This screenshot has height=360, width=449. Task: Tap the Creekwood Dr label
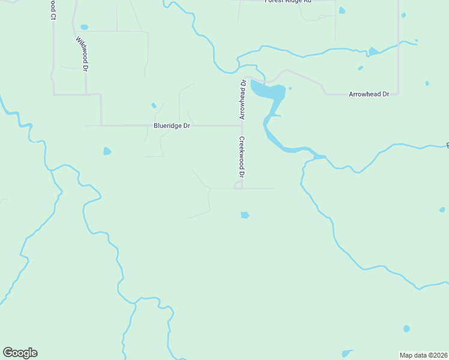tap(242, 158)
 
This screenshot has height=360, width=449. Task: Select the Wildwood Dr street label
tap(82, 55)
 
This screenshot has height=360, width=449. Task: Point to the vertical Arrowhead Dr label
tap(243, 100)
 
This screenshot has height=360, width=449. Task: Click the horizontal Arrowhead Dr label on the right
tap(369, 94)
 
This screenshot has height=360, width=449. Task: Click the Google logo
tap(20, 353)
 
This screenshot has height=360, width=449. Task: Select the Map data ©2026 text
tap(424, 355)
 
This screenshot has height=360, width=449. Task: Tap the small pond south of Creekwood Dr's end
tap(244, 215)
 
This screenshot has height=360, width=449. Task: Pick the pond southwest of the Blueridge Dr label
tap(107, 151)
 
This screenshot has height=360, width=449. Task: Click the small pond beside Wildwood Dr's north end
tap(84, 27)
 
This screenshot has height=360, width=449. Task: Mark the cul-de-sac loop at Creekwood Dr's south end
tap(238, 186)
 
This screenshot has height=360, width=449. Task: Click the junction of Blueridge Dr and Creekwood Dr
tap(242, 126)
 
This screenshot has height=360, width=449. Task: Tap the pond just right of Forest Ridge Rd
tap(342, 10)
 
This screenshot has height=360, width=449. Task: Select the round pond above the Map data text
tap(406, 329)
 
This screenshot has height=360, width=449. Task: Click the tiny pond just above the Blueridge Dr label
tap(154, 106)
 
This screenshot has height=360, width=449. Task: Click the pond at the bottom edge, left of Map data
tap(347, 353)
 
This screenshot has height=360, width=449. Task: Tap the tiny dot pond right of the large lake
tap(290, 89)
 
